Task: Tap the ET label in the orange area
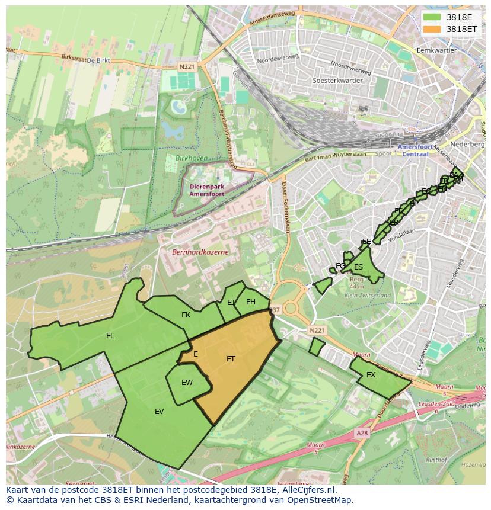pyautogui.click(x=231, y=359)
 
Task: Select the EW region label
pyautogui.click(x=187, y=383)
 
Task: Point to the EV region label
pyautogui.click(x=159, y=412)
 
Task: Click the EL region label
pyautogui.click(x=110, y=336)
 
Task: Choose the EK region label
pyautogui.click(x=186, y=315)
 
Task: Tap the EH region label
pyautogui.click(x=251, y=302)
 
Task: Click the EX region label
pyautogui.click(x=371, y=375)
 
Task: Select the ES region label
pyautogui.click(x=358, y=267)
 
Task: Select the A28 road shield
pyautogui.click(x=362, y=434)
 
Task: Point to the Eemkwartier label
pyautogui.click(x=437, y=50)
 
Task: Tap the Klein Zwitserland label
pyautogui.click(x=368, y=295)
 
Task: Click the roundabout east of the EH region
pyautogui.click(x=291, y=308)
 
